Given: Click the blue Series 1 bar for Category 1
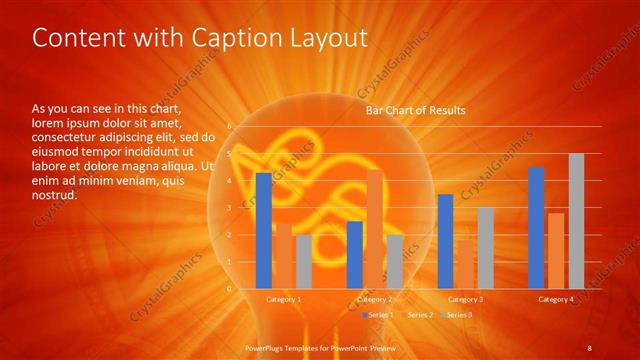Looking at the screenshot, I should (x=263, y=230).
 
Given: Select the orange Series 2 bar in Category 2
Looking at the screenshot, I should (x=374, y=229).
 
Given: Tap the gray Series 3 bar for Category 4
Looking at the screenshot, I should (x=576, y=221).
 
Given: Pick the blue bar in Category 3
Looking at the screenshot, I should (x=445, y=241).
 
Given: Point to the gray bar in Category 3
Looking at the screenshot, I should (x=485, y=248).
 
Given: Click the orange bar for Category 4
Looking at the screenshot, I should (x=556, y=250).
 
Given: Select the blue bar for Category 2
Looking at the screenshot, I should (x=354, y=254).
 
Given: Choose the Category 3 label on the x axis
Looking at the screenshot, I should (x=465, y=299).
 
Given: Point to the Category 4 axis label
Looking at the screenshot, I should (x=556, y=299).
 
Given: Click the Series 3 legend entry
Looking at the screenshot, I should (x=459, y=315).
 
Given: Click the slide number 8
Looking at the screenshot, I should (x=589, y=347).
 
